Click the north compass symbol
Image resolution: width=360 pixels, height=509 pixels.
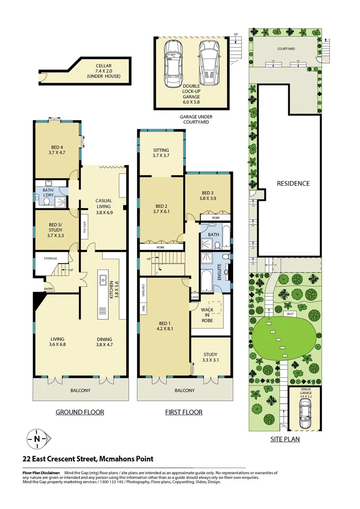click(37, 439)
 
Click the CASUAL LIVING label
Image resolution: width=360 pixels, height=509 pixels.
click(103, 203)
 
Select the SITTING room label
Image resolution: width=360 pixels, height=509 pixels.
click(161, 152)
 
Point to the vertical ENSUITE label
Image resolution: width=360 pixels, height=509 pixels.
click(219, 272)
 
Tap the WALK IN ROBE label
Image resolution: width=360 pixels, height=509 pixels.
click(207, 315)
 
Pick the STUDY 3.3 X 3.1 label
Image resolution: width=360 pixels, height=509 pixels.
click(210, 357)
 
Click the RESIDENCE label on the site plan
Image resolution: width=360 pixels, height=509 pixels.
click(293, 183)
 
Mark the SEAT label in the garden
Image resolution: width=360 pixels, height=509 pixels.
click(290, 314)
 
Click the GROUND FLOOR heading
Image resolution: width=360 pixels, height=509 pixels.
click(80, 412)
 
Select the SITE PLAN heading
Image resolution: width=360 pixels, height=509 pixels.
click(285, 439)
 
